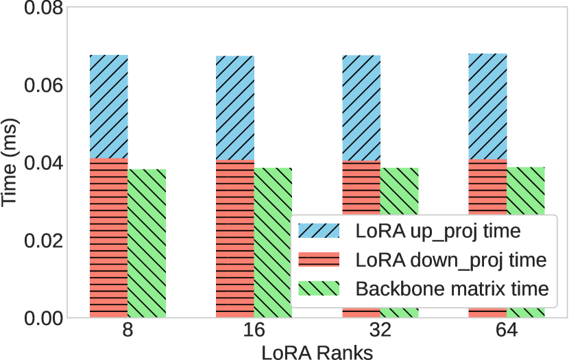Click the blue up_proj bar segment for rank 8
(109, 106)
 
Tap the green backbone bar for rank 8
(147, 243)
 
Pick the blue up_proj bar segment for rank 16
(235, 108)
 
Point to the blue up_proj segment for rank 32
(361, 108)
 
